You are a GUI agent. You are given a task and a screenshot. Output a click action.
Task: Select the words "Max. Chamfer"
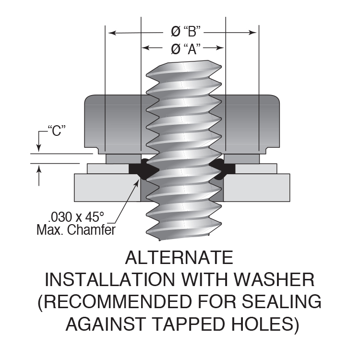(x=76, y=230)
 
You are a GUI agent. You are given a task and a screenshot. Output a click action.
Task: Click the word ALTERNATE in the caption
(x=179, y=258)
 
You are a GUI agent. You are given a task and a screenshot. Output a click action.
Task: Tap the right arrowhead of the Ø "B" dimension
(x=253, y=33)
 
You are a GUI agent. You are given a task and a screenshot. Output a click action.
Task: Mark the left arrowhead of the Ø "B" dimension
(x=111, y=33)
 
